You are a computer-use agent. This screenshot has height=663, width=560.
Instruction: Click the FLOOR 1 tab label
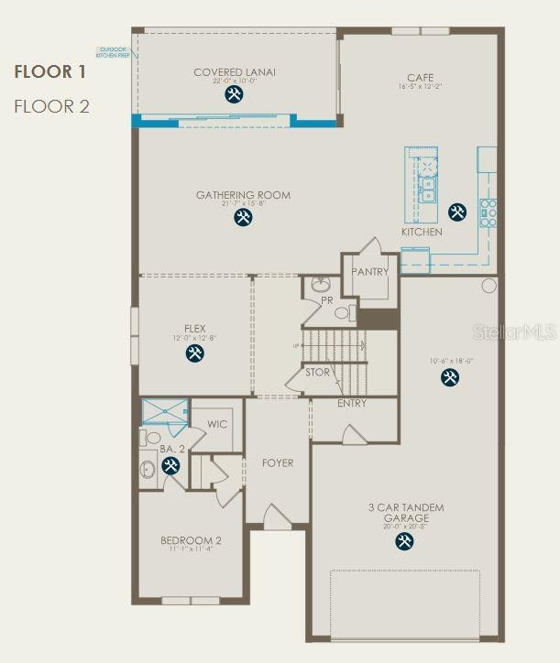(x=50, y=71)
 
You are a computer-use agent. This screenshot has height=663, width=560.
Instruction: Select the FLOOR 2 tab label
(x=51, y=106)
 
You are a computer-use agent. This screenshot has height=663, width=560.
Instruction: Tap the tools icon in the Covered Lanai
(x=235, y=94)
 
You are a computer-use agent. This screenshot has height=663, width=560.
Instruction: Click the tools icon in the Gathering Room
(x=243, y=217)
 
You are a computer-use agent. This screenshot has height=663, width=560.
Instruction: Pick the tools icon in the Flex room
(x=194, y=353)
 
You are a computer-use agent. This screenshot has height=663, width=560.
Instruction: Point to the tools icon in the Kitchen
(x=456, y=212)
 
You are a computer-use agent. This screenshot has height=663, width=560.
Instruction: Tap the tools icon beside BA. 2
(x=170, y=466)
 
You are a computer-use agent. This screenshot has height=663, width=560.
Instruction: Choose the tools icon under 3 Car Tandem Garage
(x=404, y=542)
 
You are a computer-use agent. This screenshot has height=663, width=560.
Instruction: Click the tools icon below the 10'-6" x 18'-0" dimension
(x=449, y=377)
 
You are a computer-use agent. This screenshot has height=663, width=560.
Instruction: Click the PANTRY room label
(x=369, y=272)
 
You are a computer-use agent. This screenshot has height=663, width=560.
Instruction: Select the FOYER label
(x=278, y=462)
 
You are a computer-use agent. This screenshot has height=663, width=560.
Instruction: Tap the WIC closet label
(x=217, y=424)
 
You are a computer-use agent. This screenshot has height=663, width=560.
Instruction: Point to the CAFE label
(x=422, y=78)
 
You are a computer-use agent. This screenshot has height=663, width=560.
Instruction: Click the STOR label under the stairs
(x=318, y=373)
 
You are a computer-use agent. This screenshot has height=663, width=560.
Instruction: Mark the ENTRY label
(x=352, y=403)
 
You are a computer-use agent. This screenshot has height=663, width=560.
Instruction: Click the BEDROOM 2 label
(x=191, y=540)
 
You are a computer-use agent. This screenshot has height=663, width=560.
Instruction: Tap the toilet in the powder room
(x=320, y=284)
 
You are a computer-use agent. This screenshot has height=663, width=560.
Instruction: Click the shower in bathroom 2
(x=164, y=413)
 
